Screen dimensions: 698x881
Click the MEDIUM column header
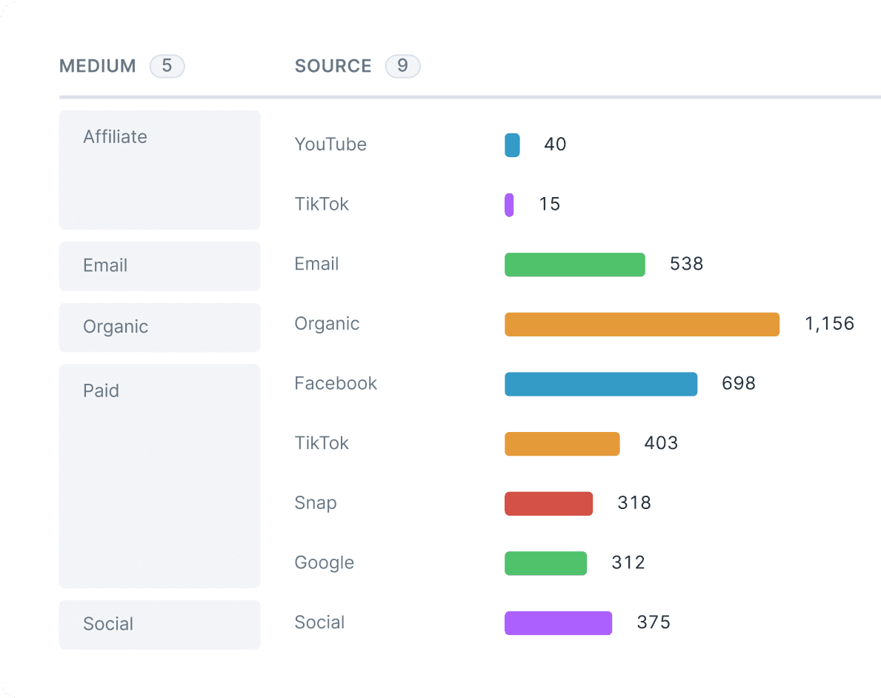click(98, 66)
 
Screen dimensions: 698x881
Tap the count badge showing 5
click(167, 66)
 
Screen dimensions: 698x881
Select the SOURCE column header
click(333, 66)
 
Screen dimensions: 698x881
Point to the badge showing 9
click(402, 66)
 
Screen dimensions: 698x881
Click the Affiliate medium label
click(115, 136)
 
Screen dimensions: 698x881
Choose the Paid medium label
click(101, 390)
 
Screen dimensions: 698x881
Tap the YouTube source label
click(330, 144)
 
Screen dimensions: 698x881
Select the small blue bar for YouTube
click(512, 145)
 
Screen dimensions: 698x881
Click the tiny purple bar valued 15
click(509, 205)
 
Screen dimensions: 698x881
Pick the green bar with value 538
click(574, 265)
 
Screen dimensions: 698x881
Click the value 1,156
click(829, 324)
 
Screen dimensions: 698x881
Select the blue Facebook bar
click(601, 384)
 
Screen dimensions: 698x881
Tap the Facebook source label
click(336, 384)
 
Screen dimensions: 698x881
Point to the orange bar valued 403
click(562, 444)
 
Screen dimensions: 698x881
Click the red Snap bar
click(548, 504)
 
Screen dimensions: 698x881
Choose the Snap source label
click(316, 503)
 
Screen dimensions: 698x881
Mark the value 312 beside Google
click(628, 563)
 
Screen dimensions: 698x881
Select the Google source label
click(324, 563)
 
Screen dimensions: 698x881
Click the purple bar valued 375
click(558, 623)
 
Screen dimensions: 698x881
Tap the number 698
click(739, 384)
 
